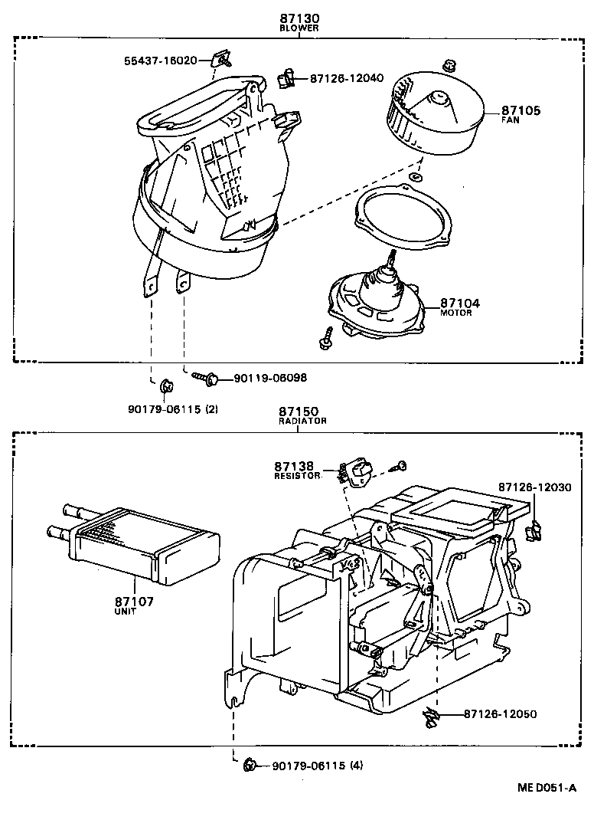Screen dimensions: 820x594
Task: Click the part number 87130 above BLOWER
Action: coord(299,18)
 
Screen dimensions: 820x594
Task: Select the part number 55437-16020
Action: coord(161,60)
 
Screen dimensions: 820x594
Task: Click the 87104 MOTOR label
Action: coord(460,307)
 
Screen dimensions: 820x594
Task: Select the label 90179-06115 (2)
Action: coord(173,409)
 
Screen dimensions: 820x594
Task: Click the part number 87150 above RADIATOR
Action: coord(299,412)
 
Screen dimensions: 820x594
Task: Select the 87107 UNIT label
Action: coord(135,605)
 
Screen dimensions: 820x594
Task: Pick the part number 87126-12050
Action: coord(500,714)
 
